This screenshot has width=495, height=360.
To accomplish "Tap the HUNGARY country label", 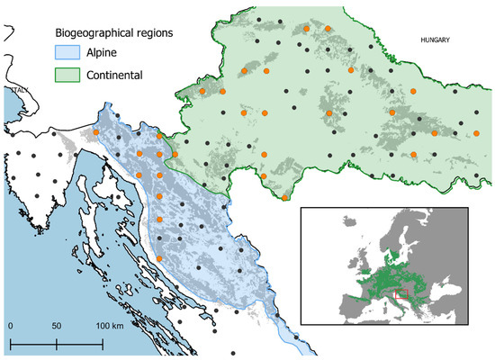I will (x=436, y=40).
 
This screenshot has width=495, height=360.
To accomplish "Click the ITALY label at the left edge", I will (x=14, y=91).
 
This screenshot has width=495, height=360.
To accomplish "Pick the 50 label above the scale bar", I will (x=57, y=324).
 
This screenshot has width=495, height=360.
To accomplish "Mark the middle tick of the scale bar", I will (x=57, y=342).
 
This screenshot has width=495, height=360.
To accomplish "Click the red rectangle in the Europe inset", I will (x=401, y=292).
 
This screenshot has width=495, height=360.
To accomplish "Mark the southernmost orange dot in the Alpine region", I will (x=159, y=258).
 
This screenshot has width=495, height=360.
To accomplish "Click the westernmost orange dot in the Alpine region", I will (x=96, y=133).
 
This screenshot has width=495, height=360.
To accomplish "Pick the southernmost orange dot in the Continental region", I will (x=284, y=197).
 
